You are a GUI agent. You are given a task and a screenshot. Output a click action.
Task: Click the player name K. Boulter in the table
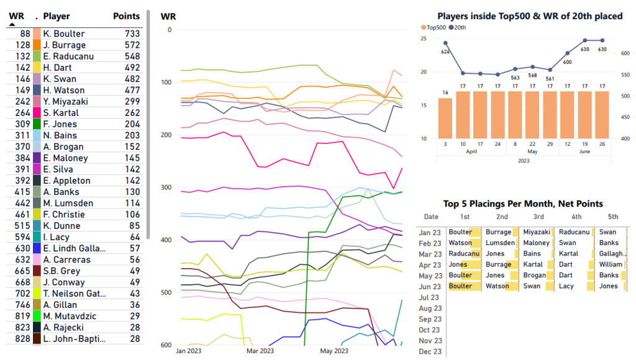pyautogui.click(x=64, y=34)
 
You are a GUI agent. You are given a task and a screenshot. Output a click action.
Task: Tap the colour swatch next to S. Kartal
pyautogui.click(x=37, y=112)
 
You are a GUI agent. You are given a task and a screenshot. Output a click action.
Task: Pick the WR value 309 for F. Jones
pyautogui.click(x=22, y=124)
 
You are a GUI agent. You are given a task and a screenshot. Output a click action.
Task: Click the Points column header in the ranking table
pyautogui.click(x=125, y=16)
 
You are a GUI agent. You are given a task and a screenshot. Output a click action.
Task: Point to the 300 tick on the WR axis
pyautogui.click(x=165, y=187)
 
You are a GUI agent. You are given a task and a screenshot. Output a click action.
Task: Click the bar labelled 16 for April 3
pyautogui.click(x=445, y=118)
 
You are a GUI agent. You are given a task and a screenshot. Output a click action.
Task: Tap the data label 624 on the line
pyautogui.click(x=445, y=52)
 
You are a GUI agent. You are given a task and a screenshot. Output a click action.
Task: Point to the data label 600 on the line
pyautogui.click(x=567, y=62)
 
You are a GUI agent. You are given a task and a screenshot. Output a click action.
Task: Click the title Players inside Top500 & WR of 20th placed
pyautogui.click(x=530, y=16)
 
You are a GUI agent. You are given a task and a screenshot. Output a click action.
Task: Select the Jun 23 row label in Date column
pyautogui.click(x=430, y=286)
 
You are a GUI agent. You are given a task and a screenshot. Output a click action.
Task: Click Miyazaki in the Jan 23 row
pyautogui.click(x=537, y=232)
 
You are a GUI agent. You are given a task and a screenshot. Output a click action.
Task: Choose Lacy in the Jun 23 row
pyautogui.click(x=567, y=286)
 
